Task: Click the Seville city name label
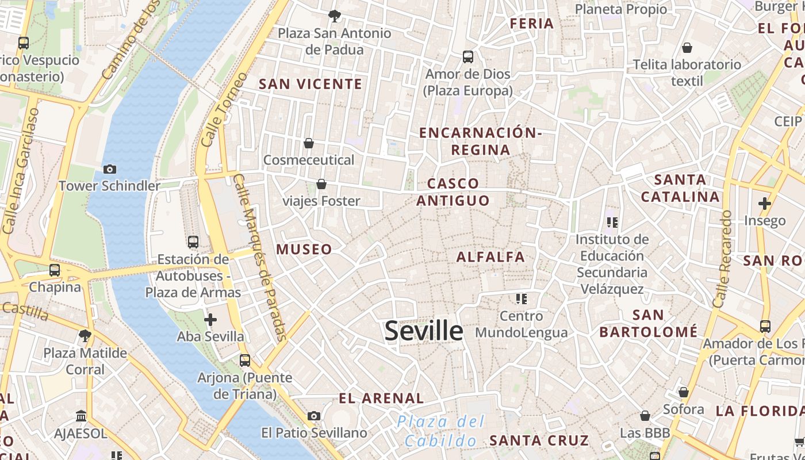coord(423,331)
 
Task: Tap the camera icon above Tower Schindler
coord(110,169)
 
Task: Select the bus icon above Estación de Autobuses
coord(193,242)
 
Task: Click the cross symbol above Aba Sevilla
coord(210,319)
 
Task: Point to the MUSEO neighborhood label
coord(304,249)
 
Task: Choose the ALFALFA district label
coord(490,257)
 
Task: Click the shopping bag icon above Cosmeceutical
coord(309,143)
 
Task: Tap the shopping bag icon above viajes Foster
coord(321,184)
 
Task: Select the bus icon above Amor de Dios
coord(468,56)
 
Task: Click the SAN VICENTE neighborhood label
coord(310,84)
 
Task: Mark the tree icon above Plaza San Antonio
coord(334,16)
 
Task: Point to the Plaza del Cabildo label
coord(441,431)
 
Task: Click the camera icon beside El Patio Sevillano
coord(314,416)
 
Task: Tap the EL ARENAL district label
coord(381,398)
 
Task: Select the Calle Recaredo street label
coord(723,259)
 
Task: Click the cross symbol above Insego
coord(764,204)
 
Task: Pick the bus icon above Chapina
coord(55,270)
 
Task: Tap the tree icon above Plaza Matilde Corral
coord(85,335)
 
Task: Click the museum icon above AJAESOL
coord(81,416)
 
